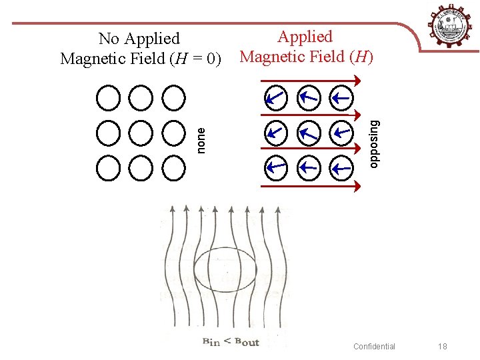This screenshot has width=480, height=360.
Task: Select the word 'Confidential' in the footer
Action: pos(374,346)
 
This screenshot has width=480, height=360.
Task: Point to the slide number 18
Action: pos(443,346)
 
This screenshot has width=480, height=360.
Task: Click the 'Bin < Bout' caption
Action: pos(230,342)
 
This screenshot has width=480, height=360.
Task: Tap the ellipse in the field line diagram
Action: pos(225,269)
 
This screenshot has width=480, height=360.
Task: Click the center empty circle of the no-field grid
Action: pos(141,133)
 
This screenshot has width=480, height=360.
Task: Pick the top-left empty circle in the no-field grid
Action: pos(107,98)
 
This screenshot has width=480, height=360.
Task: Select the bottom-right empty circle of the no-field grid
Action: pos(174,167)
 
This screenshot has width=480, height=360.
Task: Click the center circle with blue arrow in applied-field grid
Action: pos(309,133)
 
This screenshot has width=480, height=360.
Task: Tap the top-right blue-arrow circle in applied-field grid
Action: pos(342,99)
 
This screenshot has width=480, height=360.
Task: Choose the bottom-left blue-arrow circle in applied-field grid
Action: pos(275,167)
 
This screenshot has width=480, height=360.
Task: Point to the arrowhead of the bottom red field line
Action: pos(357,186)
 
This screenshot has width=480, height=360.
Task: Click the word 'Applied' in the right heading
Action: pos(305,37)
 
